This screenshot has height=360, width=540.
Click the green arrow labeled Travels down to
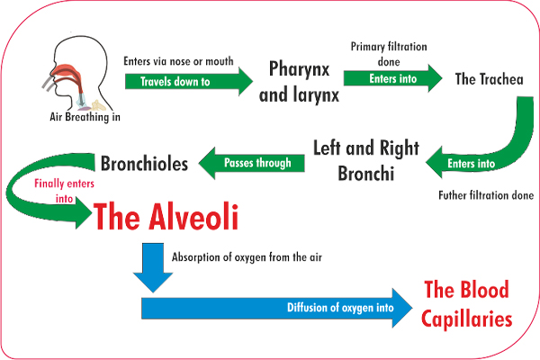[189, 82]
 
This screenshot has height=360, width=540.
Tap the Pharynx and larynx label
[299, 82]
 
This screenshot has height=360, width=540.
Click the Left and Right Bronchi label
[366, 160]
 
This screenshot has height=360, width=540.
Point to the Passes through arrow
[252, 163]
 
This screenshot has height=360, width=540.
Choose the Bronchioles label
[144, 163]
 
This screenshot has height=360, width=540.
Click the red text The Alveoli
[166, 216]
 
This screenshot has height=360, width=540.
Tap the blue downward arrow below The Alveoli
[153, 267]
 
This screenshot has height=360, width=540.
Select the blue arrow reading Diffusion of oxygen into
[277, 308]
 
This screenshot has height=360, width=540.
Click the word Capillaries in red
[466, 319]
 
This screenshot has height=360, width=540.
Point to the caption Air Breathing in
[85, 117]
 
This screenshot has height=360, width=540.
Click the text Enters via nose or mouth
[178, 61]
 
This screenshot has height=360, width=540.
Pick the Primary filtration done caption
[389, 54]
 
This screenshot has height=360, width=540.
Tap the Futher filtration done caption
[486, 195]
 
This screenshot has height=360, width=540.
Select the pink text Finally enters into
[64, 191]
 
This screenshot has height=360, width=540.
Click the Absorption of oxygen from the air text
[247, 257]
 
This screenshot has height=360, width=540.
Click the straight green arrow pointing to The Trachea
[393, 78]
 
